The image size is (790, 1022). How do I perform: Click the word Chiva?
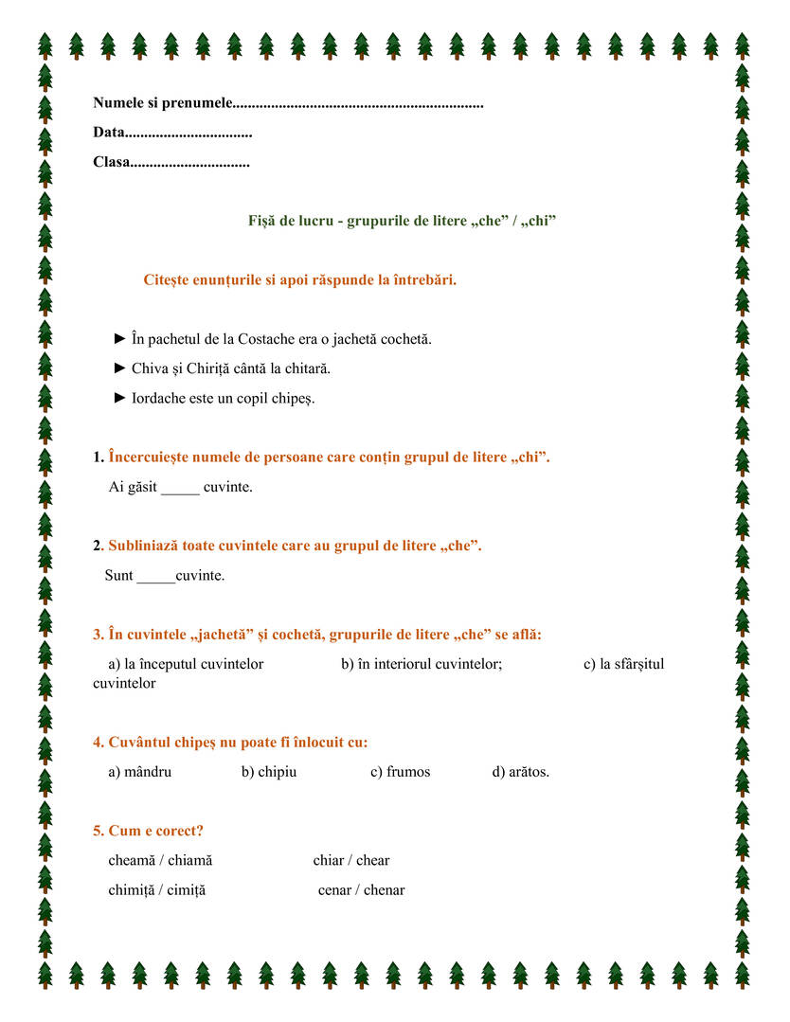click(150, 368)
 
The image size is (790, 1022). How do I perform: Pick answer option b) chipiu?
click(269, 772)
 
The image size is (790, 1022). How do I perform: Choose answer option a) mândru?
click(140, 772)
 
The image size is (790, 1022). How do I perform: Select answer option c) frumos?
click(400, 772)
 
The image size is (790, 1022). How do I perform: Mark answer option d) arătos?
click(520, 772)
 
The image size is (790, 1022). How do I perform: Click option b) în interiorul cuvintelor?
click(422, 664)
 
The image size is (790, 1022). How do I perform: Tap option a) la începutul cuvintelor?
click(186, 664)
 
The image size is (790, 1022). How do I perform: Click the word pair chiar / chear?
click(351, 861)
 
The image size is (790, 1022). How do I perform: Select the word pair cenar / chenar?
click(361, 890)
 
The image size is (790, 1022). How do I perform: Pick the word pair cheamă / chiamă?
click(160, 861)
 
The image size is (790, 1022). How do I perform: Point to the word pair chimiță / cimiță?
click(156, 890)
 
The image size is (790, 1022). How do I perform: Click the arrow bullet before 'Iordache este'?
click(119, 397)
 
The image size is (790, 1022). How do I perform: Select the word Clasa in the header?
click(111, 163)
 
